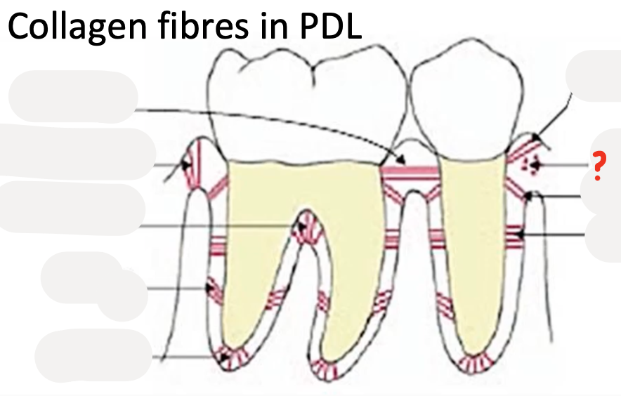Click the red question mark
598,166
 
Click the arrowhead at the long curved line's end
399,159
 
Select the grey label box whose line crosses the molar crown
73,97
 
